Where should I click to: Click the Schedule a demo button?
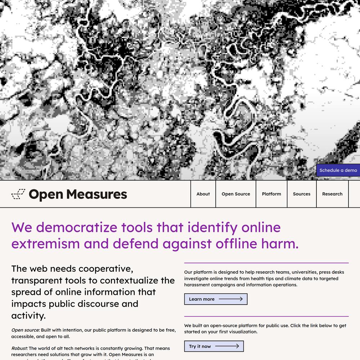coord(338,170)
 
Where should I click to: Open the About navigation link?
coord(203,194)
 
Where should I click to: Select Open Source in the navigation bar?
coord(236,194)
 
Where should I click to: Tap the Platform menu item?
coord(271,194)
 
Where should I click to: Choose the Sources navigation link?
coord(302,194)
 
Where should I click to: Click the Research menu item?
coord(332,194)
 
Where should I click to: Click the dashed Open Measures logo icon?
coord(18,194)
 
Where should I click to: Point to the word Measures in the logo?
coord(97,194)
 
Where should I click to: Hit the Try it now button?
coord(214,346)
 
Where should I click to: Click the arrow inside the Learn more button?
coord(231,299)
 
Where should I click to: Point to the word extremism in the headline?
coord(45,244)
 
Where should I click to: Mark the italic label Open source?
coord(26,330)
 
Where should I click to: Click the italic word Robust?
coord(19,348)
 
